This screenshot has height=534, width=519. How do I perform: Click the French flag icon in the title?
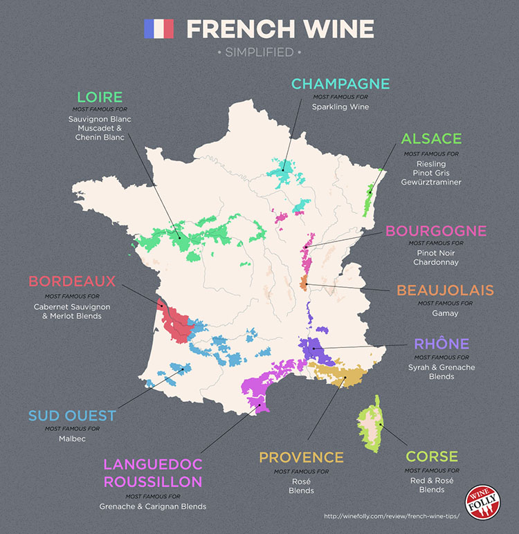[158, 29]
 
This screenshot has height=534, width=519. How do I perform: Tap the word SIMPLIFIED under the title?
[259, 52]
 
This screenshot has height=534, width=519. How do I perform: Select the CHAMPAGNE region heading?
[340, 84]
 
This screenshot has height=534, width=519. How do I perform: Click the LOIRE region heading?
[100, 98]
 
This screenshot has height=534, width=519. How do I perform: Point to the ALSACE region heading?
[431, 139]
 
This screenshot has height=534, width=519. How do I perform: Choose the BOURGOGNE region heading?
[436, 230]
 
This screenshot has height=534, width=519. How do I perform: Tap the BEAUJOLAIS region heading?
[445, 290]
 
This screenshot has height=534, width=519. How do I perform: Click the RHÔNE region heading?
[441, 344]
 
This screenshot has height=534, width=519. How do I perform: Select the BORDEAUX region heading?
[72, 282]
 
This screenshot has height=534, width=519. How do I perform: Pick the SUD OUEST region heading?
[72, 416]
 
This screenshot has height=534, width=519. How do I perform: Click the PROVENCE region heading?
[301, 457]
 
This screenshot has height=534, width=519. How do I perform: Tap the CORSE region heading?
[432, 457]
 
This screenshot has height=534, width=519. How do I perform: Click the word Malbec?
[72, 439]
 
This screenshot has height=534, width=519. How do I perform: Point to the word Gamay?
[445, 313]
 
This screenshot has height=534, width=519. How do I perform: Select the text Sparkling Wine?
[340, 107]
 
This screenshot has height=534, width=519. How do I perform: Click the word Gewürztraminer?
[431, 182]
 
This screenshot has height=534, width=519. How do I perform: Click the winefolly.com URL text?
[391, 516]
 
